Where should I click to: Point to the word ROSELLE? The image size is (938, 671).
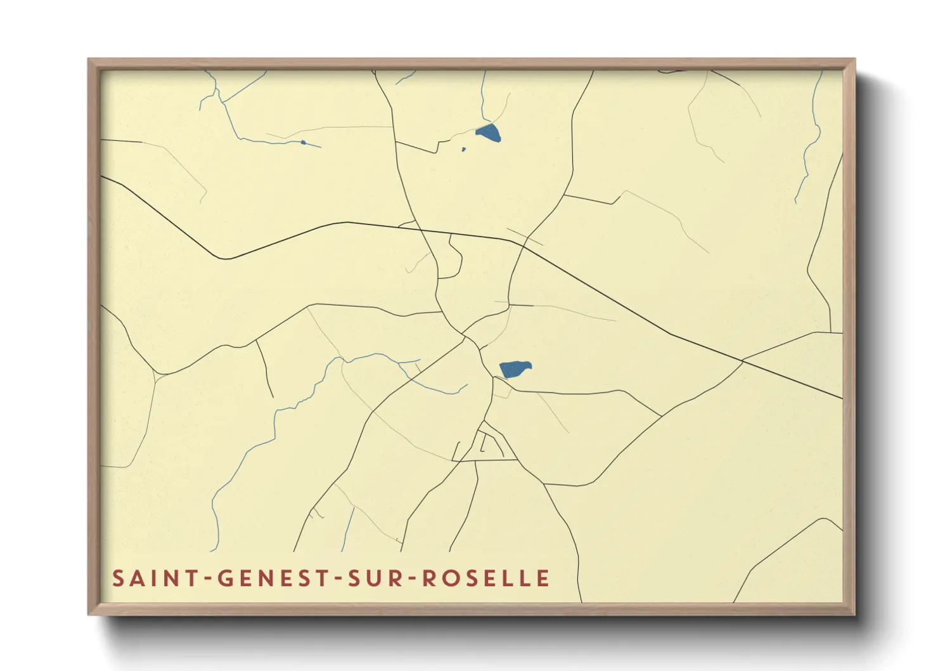(x=485, y=578)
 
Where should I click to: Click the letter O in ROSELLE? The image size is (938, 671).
(x=449, y=578)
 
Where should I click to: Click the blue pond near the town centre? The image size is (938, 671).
(x=514, y=369)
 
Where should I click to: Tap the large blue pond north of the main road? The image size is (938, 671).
(x=488, y=133)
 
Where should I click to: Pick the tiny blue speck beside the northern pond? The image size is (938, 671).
(x=463, y=150)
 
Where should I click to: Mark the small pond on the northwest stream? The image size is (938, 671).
(x=304, y=142)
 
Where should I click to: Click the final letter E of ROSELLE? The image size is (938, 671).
(x=543, y=578)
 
